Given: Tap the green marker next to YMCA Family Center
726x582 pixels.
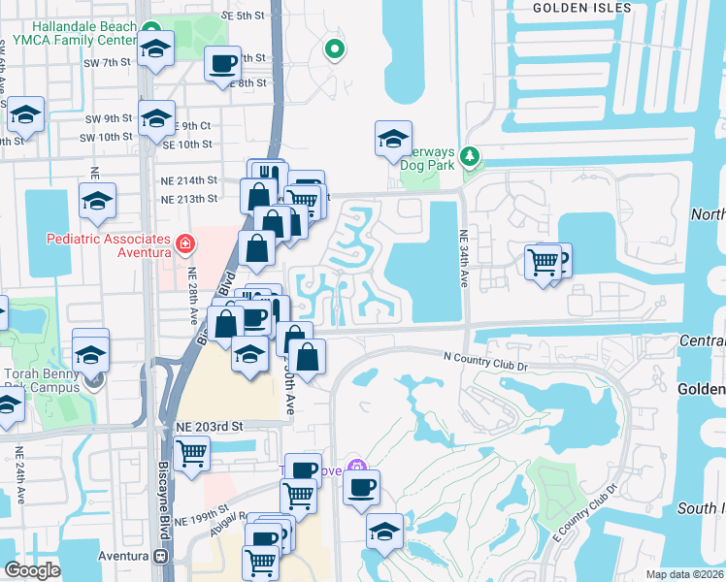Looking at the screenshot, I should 150,30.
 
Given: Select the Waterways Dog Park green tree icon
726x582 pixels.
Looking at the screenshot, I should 471,155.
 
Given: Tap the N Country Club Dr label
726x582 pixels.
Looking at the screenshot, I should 484,362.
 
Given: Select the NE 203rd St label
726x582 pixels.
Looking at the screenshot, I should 209,426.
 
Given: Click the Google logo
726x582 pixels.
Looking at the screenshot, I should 32,569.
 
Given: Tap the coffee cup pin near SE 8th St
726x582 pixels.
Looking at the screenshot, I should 222,64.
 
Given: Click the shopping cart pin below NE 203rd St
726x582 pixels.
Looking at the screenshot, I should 191,452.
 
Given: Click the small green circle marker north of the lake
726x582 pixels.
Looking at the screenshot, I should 334,48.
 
